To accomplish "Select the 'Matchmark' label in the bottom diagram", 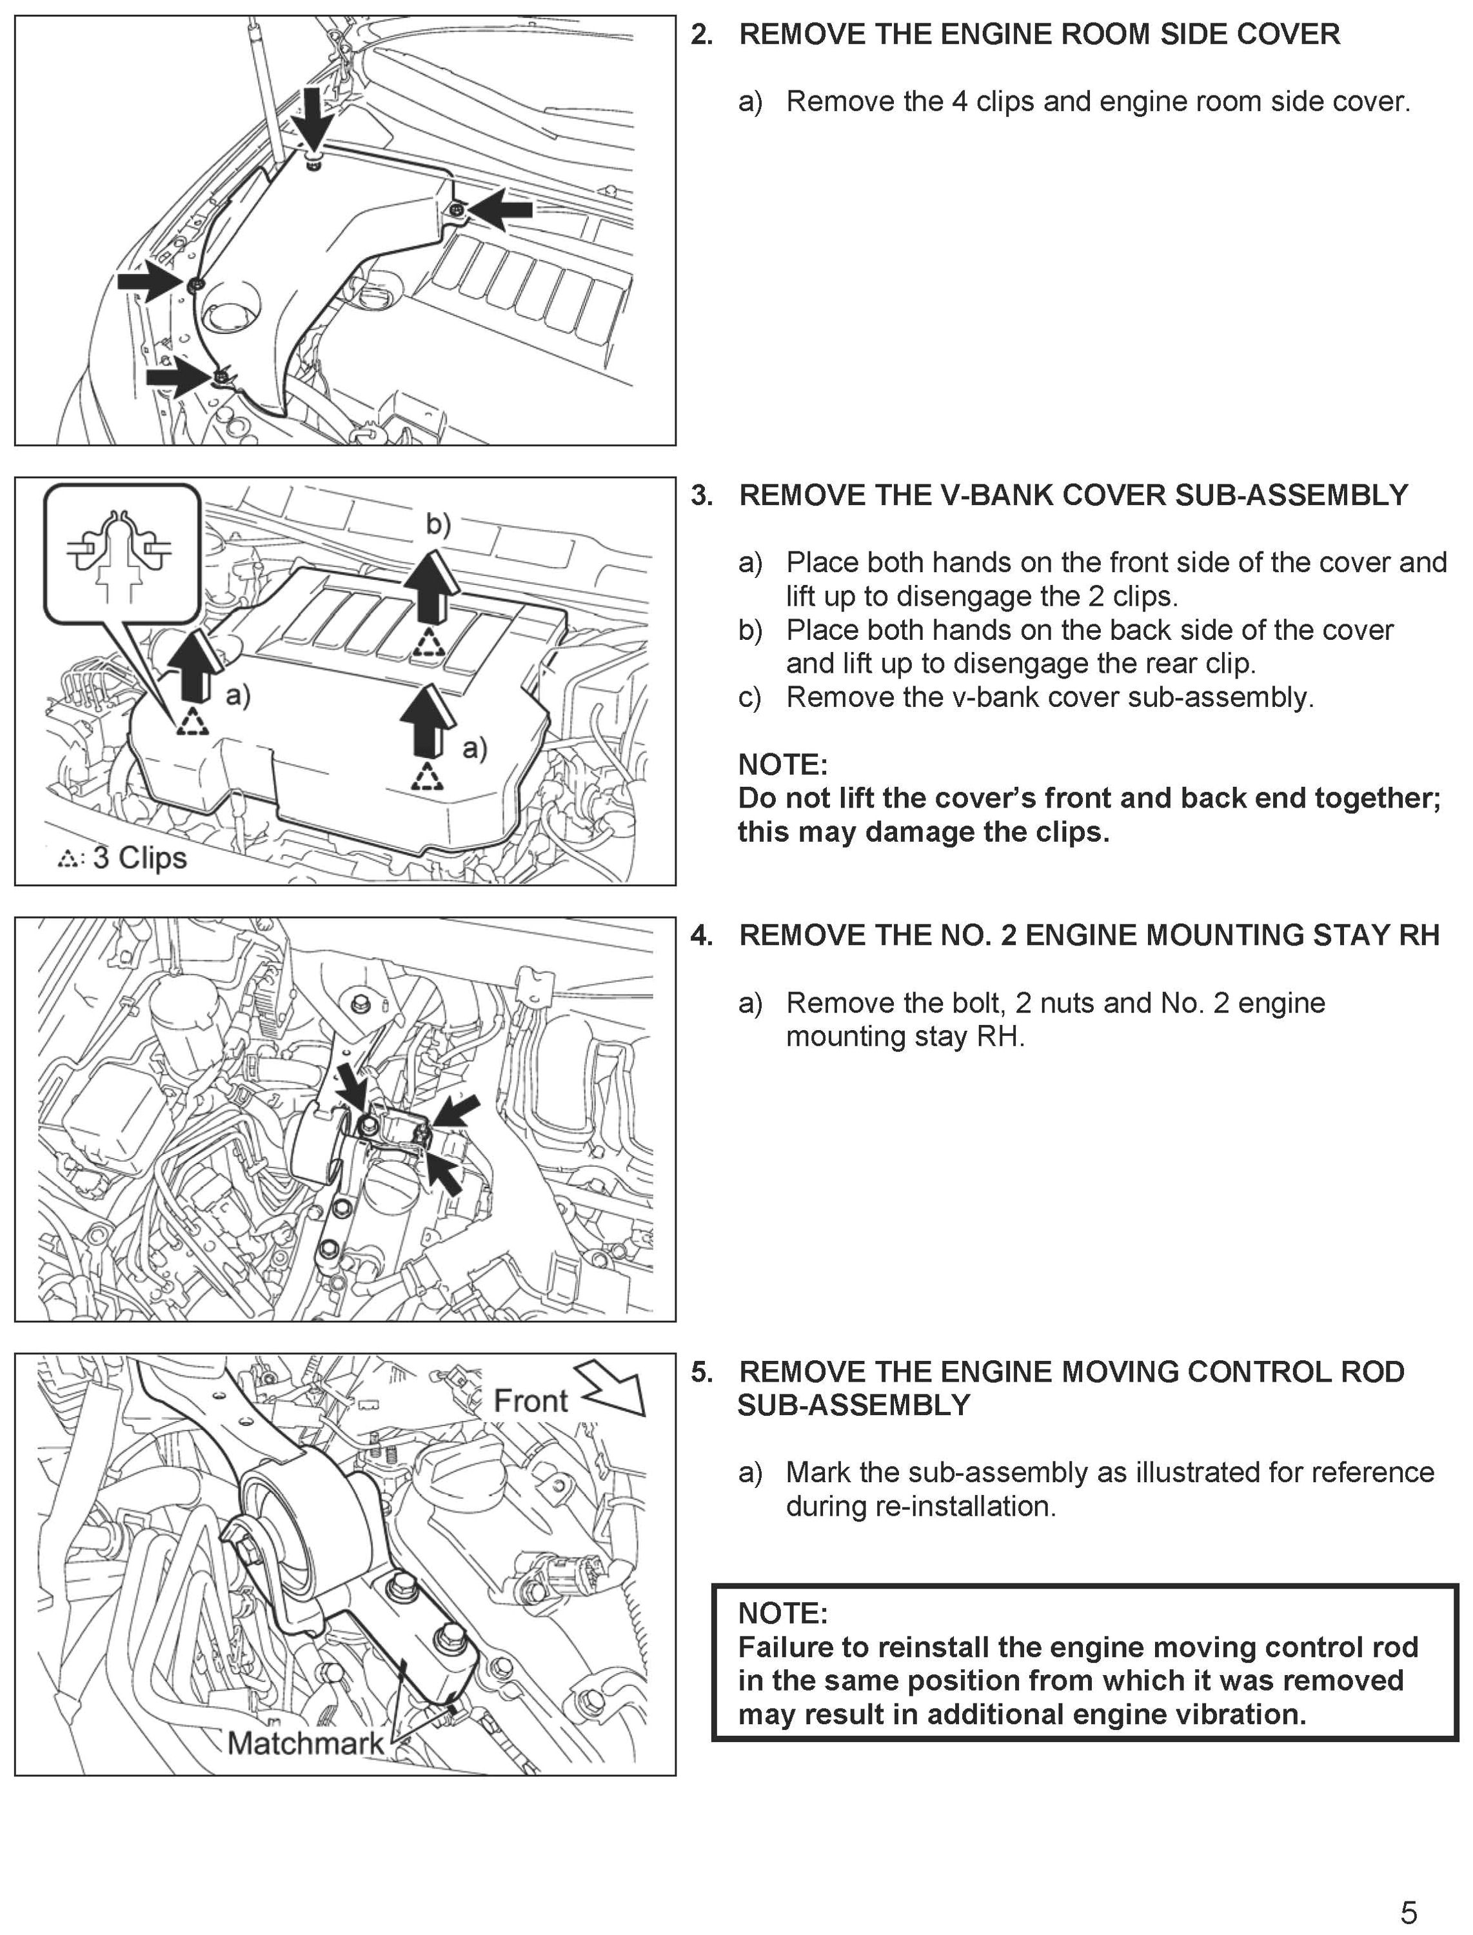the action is coord(305,1743).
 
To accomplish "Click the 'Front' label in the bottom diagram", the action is coord(531,1400).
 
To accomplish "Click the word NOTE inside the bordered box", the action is coord(782,1612).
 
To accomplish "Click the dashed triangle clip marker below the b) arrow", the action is coord(429,644).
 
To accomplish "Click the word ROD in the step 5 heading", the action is coord(1372,1372).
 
